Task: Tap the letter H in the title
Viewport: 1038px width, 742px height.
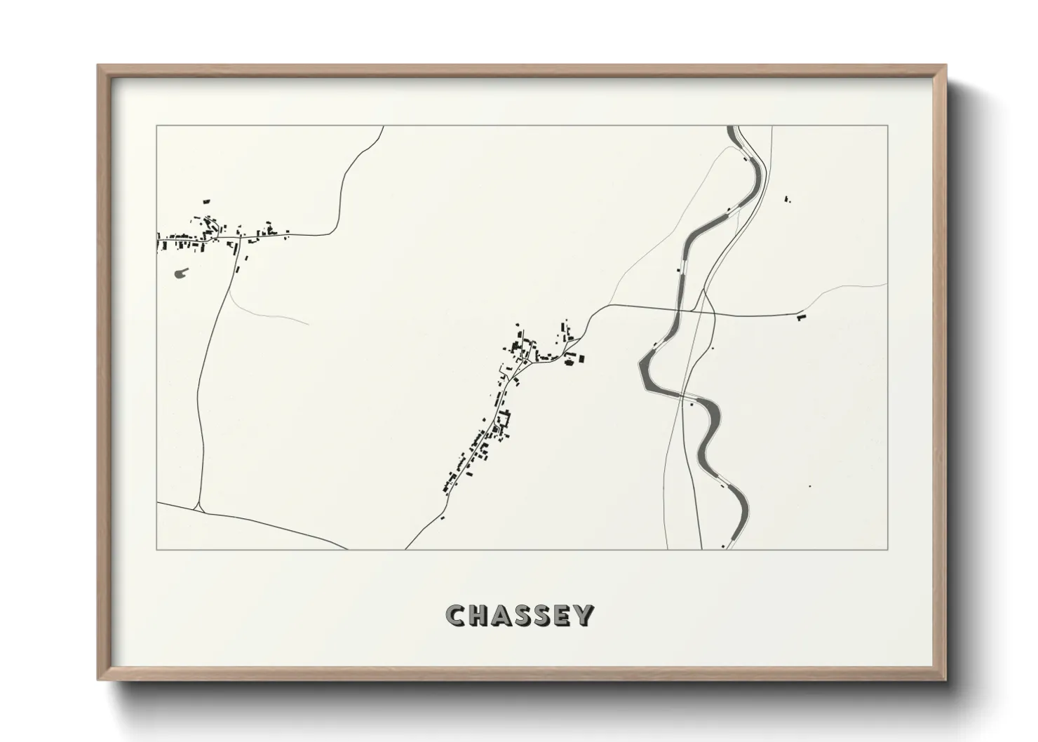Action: click(x=477, y=615)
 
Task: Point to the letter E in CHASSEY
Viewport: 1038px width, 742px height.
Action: click(x=562, y=615)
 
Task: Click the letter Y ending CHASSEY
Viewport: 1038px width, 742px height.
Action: click(x=584, y=615)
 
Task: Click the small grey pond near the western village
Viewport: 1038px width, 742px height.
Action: click(x=181, y=272)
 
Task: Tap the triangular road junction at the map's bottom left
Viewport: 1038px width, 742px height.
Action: click(x=201, y=506)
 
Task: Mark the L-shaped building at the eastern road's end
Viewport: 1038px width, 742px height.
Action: click(x=802, y=317)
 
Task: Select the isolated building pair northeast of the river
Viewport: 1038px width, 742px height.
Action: click(x=786, y=200)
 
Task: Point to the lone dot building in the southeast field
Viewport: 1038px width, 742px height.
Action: click(x=810, y=486)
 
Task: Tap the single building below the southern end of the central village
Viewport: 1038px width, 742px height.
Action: click(x=443, y=518)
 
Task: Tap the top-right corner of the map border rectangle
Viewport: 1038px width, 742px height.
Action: click(x=887, y=126)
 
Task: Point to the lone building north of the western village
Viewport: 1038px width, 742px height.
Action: click(x=206, y=201)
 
